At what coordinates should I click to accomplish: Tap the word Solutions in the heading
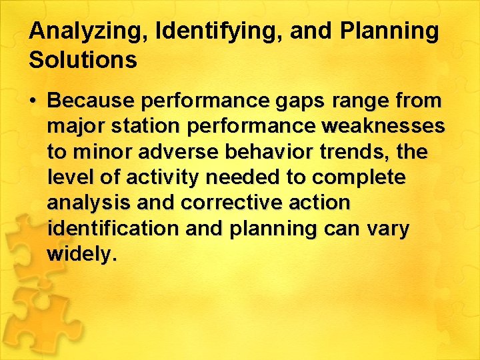(x=83, y=60)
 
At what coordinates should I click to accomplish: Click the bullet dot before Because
(x=33, y=101)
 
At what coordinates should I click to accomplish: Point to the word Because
(x=89, y=101)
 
